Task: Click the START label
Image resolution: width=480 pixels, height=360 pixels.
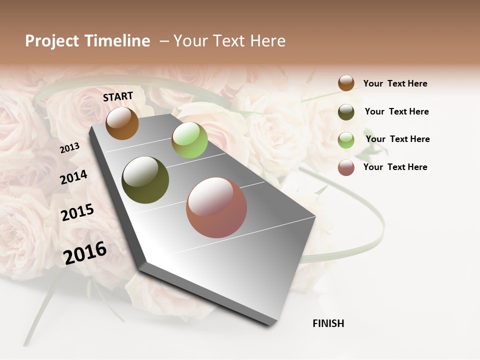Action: tap(118, 96)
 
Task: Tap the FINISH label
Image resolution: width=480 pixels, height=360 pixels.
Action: tap(328, 323)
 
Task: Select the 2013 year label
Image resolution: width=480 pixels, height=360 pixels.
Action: tap(70, 148)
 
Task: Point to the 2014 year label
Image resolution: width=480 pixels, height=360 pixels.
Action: tap(74, 177)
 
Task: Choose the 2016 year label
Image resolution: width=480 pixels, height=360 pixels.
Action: tap(85, 252)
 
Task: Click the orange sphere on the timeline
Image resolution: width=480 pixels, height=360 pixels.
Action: tap(122, 123)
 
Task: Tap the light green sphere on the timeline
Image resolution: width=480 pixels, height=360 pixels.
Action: tap(189, 140)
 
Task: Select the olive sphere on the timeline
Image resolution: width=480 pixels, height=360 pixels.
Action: tap(145, 180)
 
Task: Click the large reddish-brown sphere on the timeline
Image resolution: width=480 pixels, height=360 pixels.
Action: tap(216, 207)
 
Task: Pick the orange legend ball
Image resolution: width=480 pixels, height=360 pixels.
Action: tap(346, 83)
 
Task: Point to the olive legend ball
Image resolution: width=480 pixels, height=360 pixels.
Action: tap(346, 112)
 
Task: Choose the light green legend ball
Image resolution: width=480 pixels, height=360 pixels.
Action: tap(346, 140)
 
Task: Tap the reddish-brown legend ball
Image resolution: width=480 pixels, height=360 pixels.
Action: tap(346, 167)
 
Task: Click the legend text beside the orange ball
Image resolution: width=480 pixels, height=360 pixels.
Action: tap(395, 83)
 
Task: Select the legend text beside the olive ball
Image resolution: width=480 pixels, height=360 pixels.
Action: tap(396, 111)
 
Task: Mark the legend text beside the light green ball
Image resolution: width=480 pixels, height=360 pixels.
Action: tap(397, 139)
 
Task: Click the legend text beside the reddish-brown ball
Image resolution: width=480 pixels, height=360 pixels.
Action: tap(395, 167)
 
